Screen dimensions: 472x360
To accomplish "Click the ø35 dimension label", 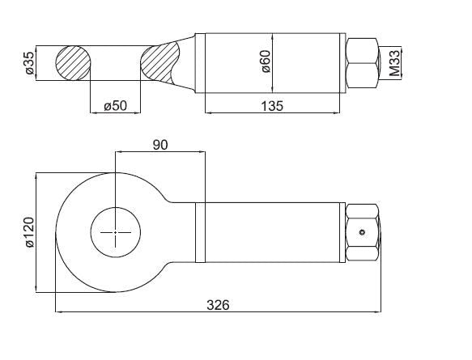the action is coord(30,63).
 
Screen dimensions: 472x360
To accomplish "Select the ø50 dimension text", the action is coord(116,106).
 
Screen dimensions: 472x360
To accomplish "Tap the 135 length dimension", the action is coord(272,106).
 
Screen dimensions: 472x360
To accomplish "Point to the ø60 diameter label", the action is coord(266,61).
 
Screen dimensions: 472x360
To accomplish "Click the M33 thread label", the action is coord(394,62).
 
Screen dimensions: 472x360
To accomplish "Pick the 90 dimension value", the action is coord(160,145).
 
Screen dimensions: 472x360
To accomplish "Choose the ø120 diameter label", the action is coord(30,232).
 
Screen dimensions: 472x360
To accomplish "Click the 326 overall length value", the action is coord(218,305).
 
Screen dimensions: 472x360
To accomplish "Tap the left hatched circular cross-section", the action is coord(73,63).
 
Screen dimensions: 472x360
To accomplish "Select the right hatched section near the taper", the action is coord(160,64).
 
